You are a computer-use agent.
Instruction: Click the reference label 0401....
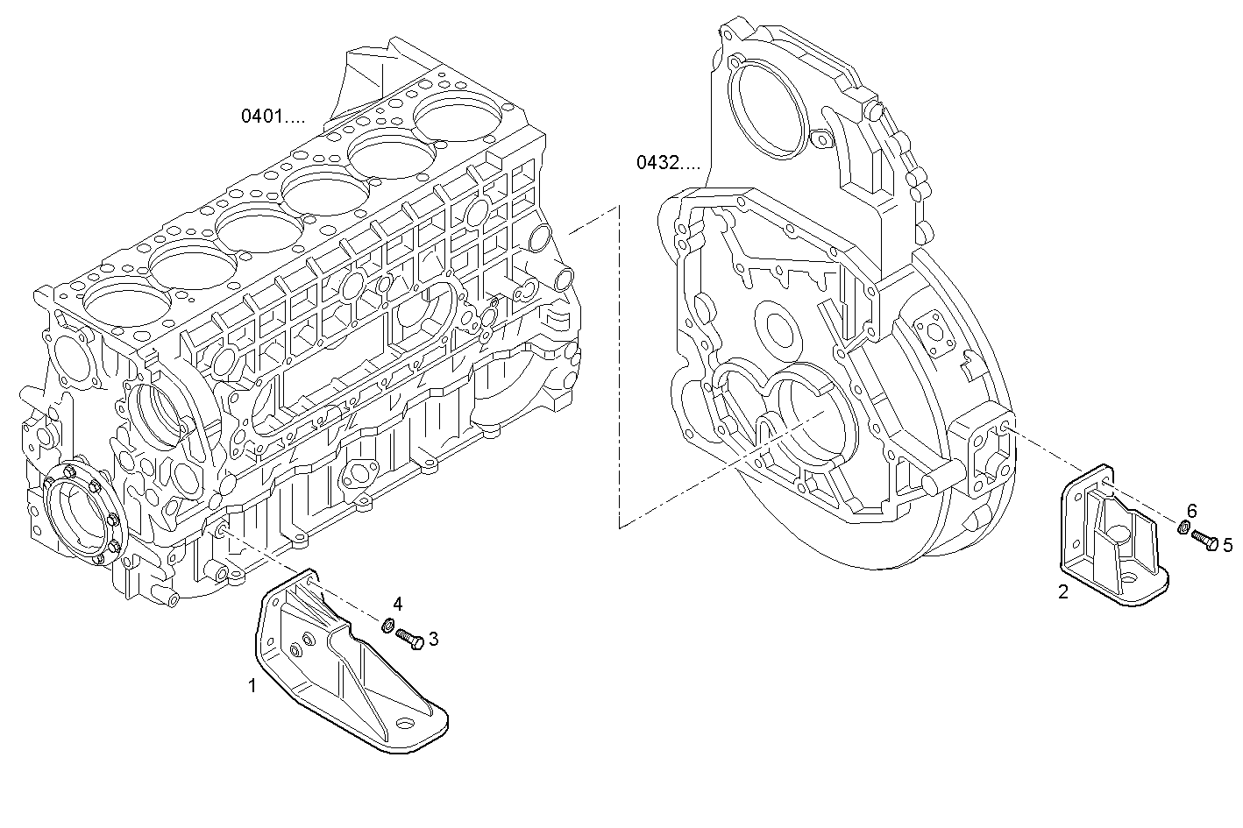273,116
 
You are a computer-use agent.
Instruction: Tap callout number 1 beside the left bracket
252,685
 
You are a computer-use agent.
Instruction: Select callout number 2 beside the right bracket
1063,592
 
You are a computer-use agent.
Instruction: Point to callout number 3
433,639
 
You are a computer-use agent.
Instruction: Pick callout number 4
398,604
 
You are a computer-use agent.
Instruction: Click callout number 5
1227,545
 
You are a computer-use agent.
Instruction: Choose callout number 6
1191,511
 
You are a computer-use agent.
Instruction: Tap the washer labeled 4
386,625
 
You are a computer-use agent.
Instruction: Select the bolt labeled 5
1205,541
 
